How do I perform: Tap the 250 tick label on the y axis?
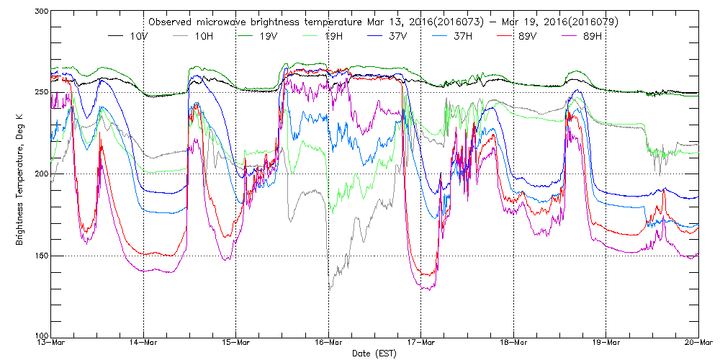tap(40, 93)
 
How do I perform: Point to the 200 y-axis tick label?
tap(40, 174)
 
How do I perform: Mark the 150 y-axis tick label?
tap(40, 256)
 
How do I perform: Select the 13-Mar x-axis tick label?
tap(50, 343)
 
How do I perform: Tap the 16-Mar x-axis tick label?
tap(328, 343)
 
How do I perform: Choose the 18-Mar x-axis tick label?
tap(513, 343)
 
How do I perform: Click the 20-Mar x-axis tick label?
tap(698, 343)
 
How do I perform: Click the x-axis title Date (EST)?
tap(374, 354)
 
